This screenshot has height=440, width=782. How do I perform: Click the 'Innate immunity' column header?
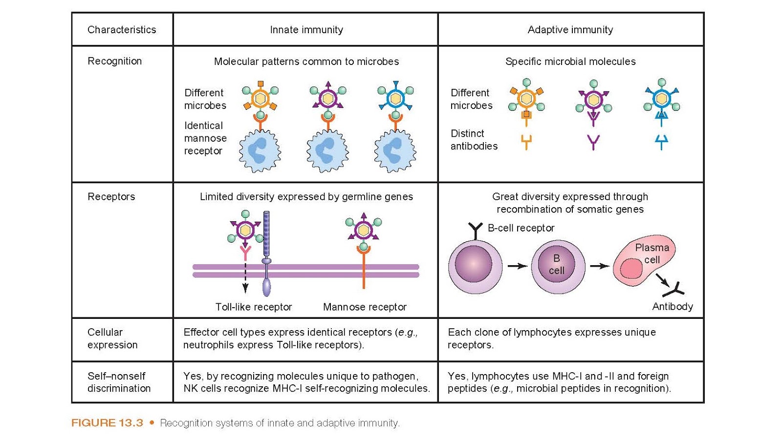click(306, 30)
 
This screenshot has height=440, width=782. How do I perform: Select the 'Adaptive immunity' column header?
click(570, 30)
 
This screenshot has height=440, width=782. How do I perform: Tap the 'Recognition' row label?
click(114, 61)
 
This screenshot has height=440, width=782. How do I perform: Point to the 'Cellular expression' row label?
click(112, 338)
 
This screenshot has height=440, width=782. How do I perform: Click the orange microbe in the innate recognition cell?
click(260, 99)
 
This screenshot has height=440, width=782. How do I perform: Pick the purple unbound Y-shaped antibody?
click(593, 142)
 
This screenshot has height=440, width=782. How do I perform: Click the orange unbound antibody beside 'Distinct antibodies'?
click(526, 142)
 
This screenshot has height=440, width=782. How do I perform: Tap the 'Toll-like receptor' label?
click(253, 307)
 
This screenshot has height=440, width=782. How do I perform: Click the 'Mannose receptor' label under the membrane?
click(365, 307)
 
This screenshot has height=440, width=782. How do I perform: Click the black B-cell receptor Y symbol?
click(475, 230)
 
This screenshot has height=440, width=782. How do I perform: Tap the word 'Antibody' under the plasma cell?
click(672, 307)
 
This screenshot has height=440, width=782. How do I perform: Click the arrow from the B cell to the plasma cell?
click(599, 266)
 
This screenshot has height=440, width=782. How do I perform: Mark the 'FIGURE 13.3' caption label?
click(107, 423)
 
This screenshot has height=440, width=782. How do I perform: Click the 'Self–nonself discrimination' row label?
click(119, 382)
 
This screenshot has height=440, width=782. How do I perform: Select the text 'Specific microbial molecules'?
click(570, 62)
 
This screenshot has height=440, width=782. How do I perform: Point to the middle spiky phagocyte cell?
click(327, 151)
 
